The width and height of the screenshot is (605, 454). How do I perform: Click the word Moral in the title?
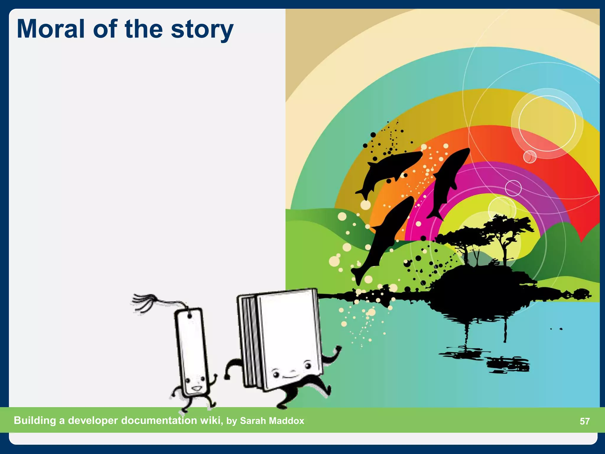click(x=51, y=29)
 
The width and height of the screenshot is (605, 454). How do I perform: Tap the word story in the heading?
click(x=202, y=30)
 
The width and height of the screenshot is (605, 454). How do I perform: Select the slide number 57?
click(x=585, y=421)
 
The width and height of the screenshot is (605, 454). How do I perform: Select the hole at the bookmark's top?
click(x=189, y=316)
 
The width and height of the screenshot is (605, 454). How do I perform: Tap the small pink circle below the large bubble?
click(x=530, y=157)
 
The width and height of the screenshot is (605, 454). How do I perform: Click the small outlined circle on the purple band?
click(x=513, y=188)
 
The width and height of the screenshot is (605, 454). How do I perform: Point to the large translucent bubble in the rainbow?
click(x=547, y=124)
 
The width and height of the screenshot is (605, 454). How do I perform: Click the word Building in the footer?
click(x=35, y=420)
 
